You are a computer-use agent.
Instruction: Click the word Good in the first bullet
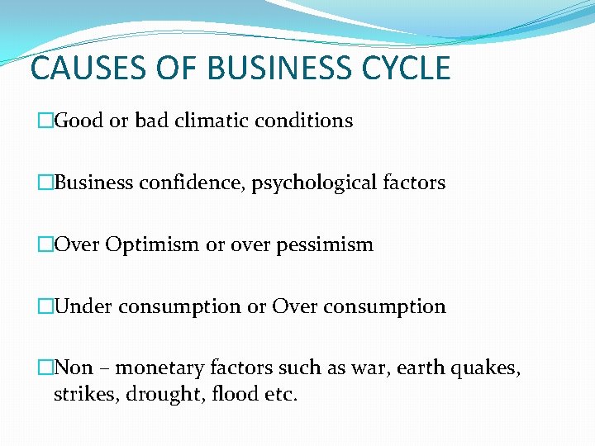point(79,121)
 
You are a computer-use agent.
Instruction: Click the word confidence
point(178,183)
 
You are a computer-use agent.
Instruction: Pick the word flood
point(232,394)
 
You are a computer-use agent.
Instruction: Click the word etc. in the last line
point(281,394)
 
